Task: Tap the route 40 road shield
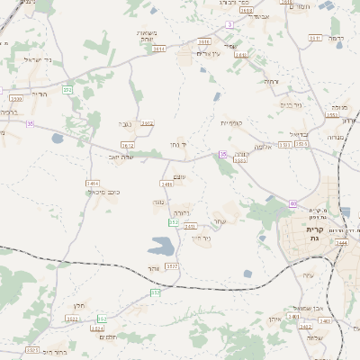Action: tap(292, 204)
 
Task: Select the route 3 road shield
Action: tap(229, 24)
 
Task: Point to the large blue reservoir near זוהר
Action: tap(163, 245)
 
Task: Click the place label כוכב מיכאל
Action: tap(103, 193)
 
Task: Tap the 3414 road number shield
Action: tap(92, 184)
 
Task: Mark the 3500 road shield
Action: tap(15, 98)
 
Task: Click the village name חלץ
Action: tap(79, 306)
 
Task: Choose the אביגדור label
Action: tap(262, 16)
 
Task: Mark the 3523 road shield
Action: tap(32, 350)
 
